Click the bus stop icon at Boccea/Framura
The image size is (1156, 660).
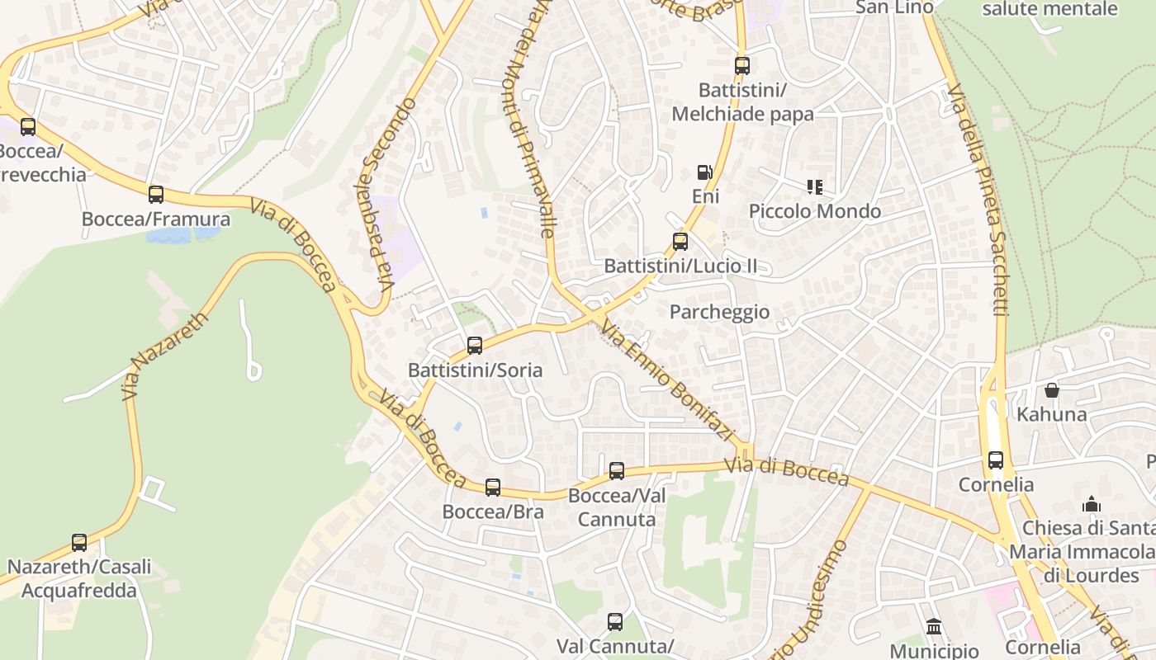[156, 195]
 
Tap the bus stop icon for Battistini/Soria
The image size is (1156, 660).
[475, 346]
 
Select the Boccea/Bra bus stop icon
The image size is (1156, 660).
[493, 488]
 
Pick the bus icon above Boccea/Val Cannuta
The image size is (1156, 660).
[617, 471]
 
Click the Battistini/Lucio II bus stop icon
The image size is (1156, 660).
[680, 242]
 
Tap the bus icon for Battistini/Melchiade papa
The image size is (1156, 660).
[742, 66]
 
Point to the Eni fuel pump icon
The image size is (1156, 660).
[704, 172]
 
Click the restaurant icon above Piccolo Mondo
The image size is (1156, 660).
[815, 187]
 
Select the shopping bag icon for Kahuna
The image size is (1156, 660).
[1051, 390]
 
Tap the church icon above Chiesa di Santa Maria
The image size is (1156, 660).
[1092, 504]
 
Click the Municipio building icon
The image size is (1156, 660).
[934, 627]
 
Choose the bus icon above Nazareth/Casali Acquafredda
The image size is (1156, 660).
[79, 543]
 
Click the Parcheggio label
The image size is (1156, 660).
[719, 312]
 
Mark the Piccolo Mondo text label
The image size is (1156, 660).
[815, 211]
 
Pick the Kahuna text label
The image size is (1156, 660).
[1051, 414]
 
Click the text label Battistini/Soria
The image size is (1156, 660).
[476, 370]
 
